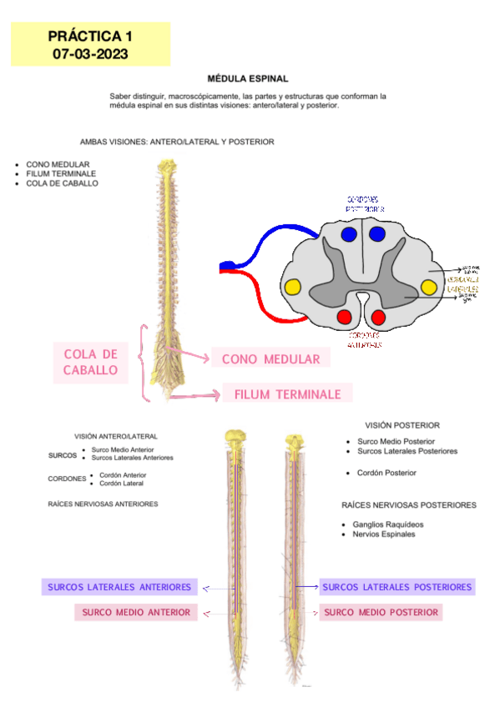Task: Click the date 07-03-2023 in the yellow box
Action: [x=90, y=53]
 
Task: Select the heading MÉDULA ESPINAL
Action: [x=248, y=78]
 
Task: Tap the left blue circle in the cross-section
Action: [x=349, y=234]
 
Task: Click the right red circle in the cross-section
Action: [x=378, y=317]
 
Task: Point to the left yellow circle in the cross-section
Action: [x=293, y=288]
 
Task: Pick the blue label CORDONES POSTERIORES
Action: [x=363, y=204]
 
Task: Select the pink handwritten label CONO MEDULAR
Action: [x=270, y=359]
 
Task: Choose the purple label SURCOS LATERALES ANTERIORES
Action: [x=119, y=587]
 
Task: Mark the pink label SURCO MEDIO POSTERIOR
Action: [x=381, y=613]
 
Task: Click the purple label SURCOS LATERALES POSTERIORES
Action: [x=396, y=587]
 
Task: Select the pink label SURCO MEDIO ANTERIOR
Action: [x=136, y=613]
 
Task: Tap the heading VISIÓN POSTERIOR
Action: [x=402, y=426]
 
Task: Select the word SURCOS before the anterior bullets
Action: [x=63, y=454]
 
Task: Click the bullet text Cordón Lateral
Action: [x=121, y=484]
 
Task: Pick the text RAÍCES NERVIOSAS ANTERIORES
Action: [x=104, y=504]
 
